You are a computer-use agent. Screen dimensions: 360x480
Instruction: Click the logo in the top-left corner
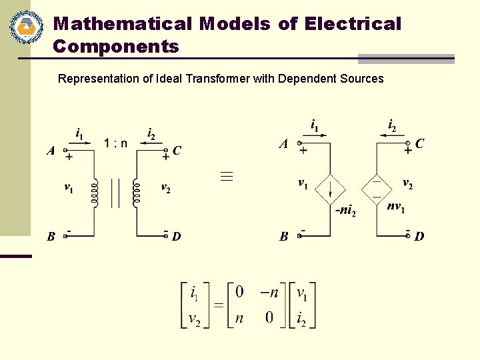click(x=26, y=27)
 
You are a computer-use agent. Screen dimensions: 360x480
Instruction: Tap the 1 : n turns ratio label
click(x=115, y=143)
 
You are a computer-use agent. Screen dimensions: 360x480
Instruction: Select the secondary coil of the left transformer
click(x=137, y=192)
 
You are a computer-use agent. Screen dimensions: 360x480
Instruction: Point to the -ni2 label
click(x=345, y=211)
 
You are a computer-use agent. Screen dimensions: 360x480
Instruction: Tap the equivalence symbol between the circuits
click(x=227, y=176)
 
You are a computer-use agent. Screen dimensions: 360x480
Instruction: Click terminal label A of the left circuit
click(x=51, y=151)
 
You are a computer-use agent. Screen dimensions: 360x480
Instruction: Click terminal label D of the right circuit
click(x=419, y=236)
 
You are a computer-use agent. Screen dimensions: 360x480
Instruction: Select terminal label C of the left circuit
click(x=177, y=151)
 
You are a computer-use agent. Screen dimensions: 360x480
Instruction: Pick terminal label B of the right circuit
click(x=284, y=236)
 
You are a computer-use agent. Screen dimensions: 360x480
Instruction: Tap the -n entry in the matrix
click(x=269, y=292)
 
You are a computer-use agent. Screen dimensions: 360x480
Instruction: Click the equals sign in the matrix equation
click(x=218, y=305)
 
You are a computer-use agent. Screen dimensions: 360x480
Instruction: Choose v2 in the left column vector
click(x=195, y=319)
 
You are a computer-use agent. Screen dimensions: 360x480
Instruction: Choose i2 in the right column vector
click(x=301, y=319)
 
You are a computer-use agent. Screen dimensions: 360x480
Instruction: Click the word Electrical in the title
click(x=353, y=24)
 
